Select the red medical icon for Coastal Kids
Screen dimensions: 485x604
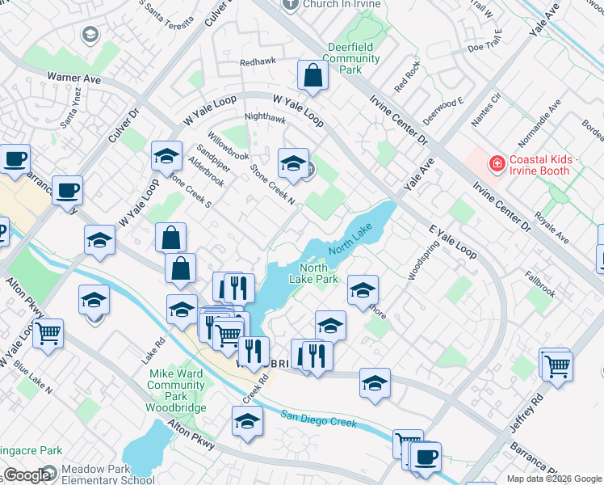point(497,164)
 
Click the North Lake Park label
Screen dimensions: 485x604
point(318,273)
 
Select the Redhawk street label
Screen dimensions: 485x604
point(258,62)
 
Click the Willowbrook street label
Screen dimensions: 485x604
point(227,145)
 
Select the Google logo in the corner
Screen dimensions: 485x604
point(29,475)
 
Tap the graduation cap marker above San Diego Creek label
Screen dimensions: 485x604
point(247,421)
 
